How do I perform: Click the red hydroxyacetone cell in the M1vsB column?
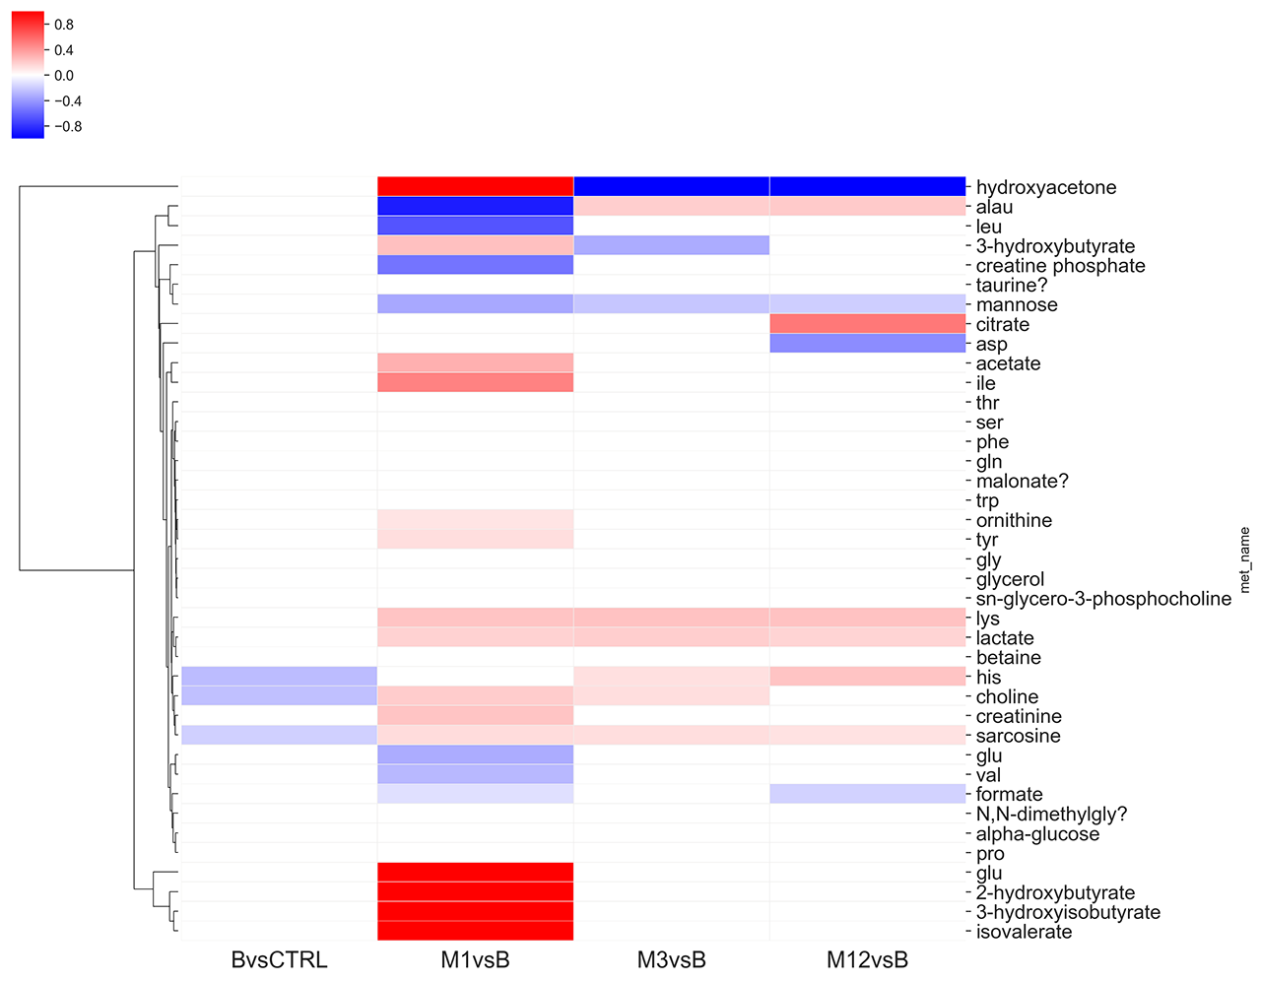pyautogui.click(x=475, y=186)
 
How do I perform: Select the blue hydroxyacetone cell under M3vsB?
pyautogui.click(x=671, y=186)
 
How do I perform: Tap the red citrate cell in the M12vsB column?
pyautogui.click(x=867, y=324)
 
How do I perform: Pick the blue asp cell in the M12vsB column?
pyautogui.click(x=867, y=344)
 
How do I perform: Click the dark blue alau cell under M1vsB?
pyautogui.click(x=475, y=206)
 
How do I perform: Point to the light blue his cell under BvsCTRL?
pyautogui.click(x=279, y=677)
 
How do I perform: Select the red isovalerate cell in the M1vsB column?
pyautogui.click(x=475, y=932)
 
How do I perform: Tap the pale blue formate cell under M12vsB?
pyautogui.click(x=867, y=794)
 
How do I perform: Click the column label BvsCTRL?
pyautogui.click(x=279, y=959)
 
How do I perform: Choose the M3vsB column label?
pyautogui.click(x=671, y=959)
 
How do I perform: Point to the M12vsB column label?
pyautogui.click(x=867, y=959)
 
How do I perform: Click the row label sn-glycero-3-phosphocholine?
pyautogui.click(x=1103, y=599)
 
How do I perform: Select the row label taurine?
pyautogui.click(x=1012, y=285)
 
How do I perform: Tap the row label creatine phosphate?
pyautogui.click(x=1060, y=265)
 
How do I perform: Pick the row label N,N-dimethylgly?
pyautogui.click(x=1051, y=814)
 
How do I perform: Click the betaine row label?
pyautogui.click(x=1008, y=657)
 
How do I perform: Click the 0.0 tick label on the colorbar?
pyautogui.click(x=64, y=76)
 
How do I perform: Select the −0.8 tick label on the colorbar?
pyautogui.click(x=67, y=127)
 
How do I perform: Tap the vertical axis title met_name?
pyautogui.click(x=1244, y=559)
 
